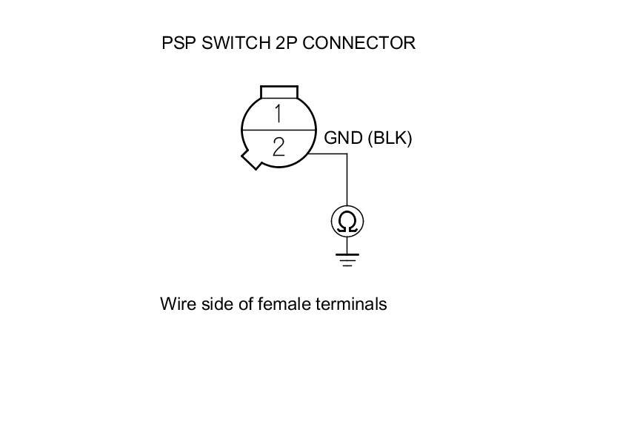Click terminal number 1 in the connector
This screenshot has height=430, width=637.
coord(279,114)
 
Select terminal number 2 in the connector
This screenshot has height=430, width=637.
coord(279,146)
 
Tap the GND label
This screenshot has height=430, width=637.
coord(344,138)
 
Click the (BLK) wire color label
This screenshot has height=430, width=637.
coord(390,138)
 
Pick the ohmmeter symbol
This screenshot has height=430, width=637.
coord(347,221)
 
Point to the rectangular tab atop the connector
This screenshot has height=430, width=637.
coord(279,92)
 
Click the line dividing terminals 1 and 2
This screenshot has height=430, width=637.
coord(279,130)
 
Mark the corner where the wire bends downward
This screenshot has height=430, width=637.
coord(347,154)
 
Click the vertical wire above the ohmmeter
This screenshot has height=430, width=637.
coord(347,182)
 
